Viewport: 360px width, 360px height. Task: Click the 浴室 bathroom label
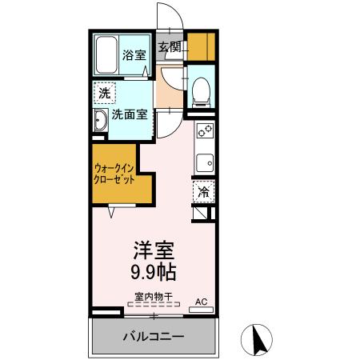[x=134, y=55]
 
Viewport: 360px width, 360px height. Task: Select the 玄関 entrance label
[x=169, y=46]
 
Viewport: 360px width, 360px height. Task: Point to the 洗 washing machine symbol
[x=104, y=93]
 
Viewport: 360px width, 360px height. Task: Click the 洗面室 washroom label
[x=129, y=114]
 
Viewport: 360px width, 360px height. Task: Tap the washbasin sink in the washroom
[x=100, y=122]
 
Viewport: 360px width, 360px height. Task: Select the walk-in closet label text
[x=113, y=174]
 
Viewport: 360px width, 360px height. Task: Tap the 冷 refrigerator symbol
[x=203, y=192]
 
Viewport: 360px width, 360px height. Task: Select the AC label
[x=202, y=302]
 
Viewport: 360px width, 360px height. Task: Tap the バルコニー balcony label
[x=153, y=336]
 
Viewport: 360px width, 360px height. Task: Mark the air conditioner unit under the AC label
[x=202, y=311]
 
